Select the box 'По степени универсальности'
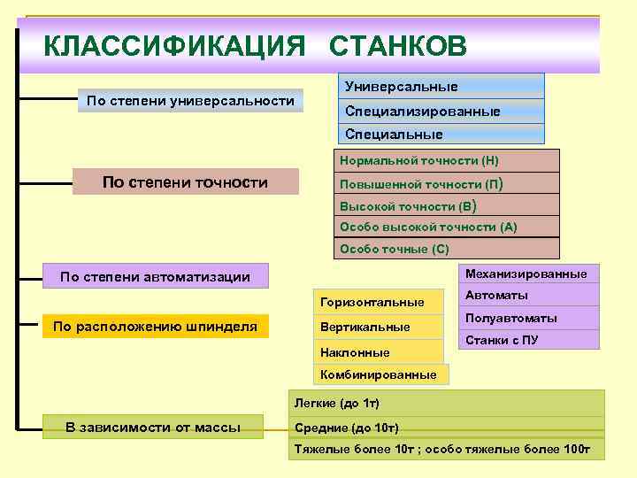pos(190,101)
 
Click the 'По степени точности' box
pos(185,182)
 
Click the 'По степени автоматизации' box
pos(155,277)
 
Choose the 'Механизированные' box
pos(528,273)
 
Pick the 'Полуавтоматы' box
pos(528,318)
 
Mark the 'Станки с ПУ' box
pos(528,340)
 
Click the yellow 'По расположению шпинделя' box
pos(155,327)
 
